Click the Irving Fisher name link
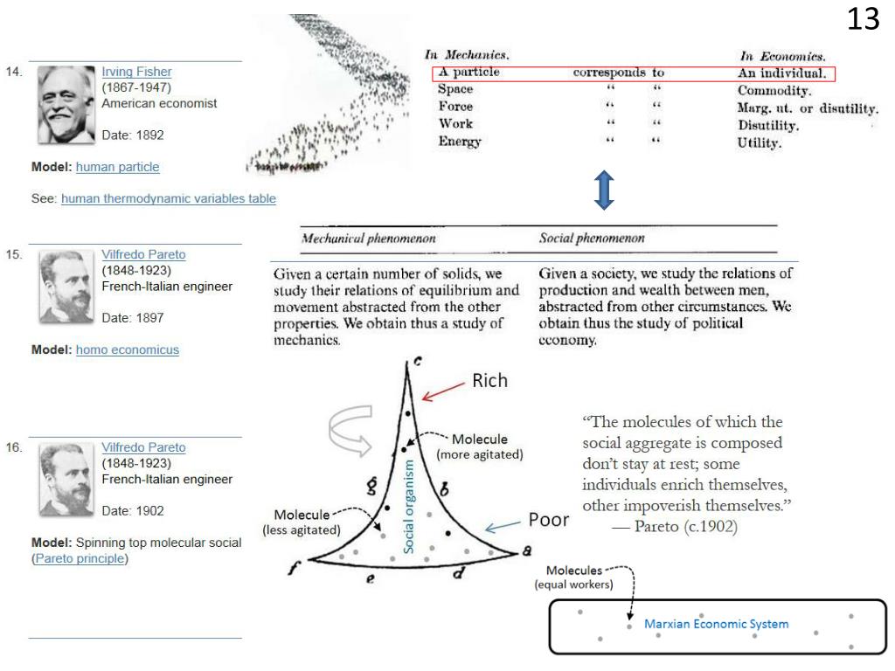136,73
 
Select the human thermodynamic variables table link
168,199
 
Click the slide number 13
863,19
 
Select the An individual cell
782,73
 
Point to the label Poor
549,521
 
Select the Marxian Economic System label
716,624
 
